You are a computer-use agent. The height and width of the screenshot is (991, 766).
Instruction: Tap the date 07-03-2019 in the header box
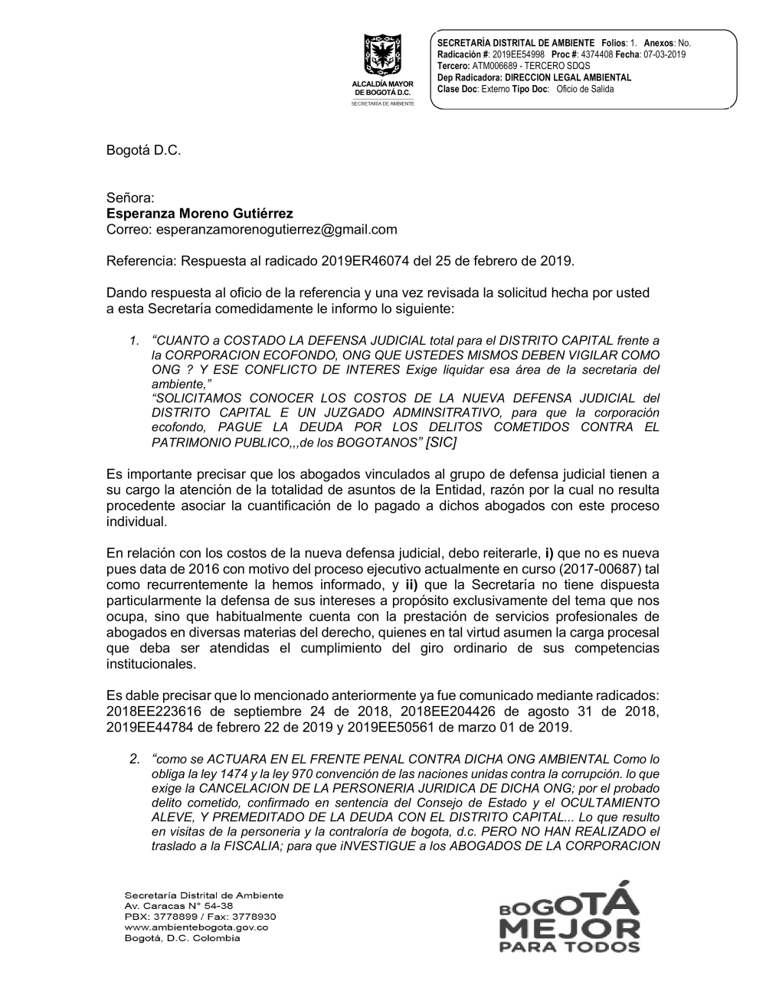[665, 55]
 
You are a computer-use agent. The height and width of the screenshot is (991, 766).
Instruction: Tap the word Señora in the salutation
[131, 198]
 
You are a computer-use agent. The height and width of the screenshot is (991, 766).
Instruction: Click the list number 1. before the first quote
[135, 340]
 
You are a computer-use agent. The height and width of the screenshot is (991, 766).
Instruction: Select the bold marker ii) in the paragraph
[411, 585]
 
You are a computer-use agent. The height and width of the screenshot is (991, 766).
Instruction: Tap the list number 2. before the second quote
[135, 759]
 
